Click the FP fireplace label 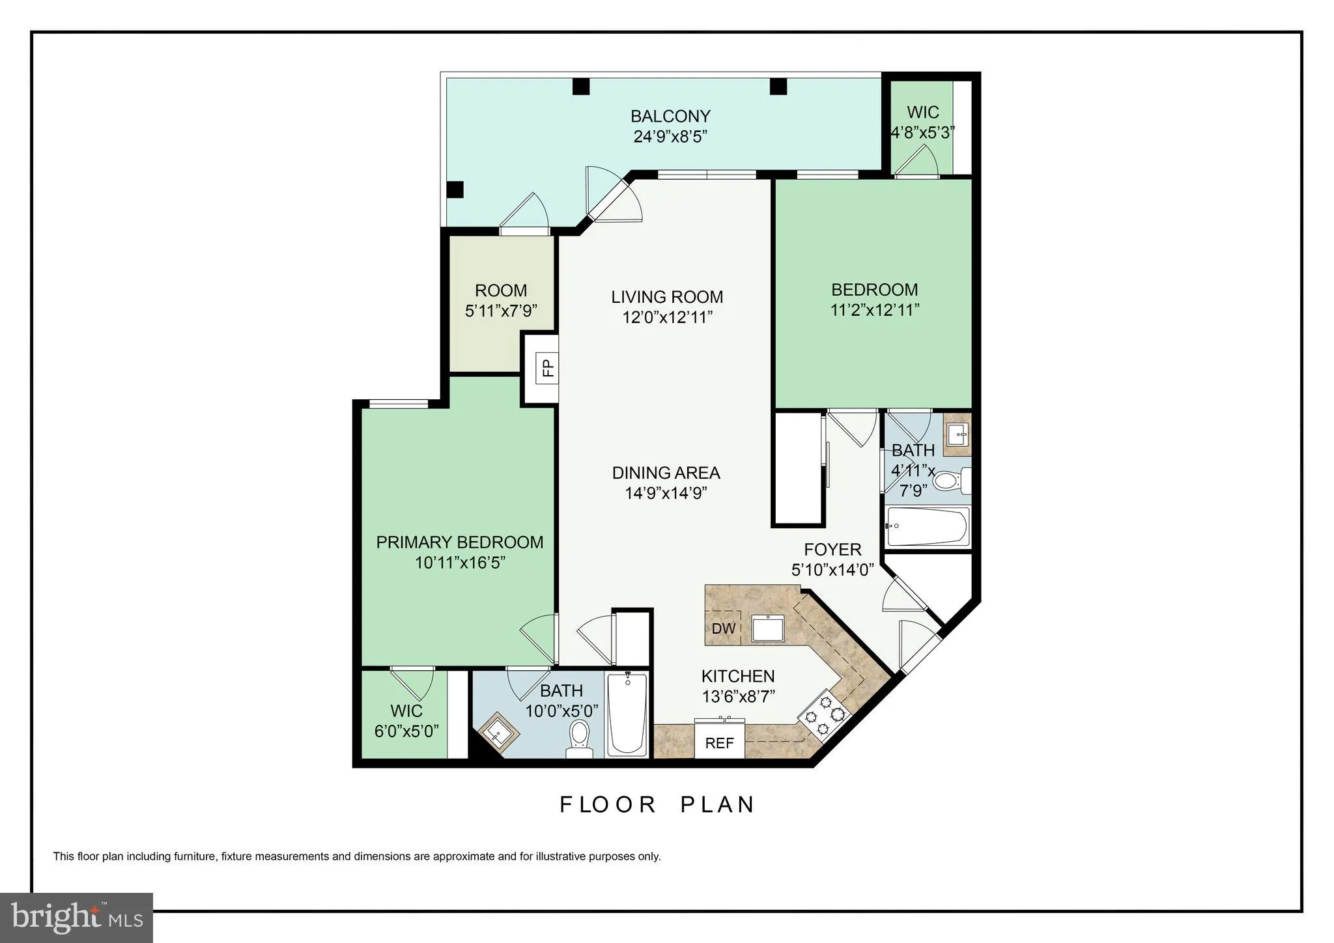[548, 368]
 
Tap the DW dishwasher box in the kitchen [723, 628]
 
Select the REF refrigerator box [719, 743]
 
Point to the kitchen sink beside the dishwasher [769, 628]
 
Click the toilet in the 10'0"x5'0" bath [578, 738]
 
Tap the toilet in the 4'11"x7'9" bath [948, 482]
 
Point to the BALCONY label [670, 117]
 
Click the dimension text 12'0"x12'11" [667, 318]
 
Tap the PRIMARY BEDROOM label [460, 542]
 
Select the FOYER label [832, 550]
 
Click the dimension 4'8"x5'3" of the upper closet [922, 132]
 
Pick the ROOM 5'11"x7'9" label [501, 290]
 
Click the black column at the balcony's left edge [455, 190]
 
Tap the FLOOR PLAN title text [657, 805]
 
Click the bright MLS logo [76, 918]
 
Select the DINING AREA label [666, 473]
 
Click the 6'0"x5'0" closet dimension [406, 731]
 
